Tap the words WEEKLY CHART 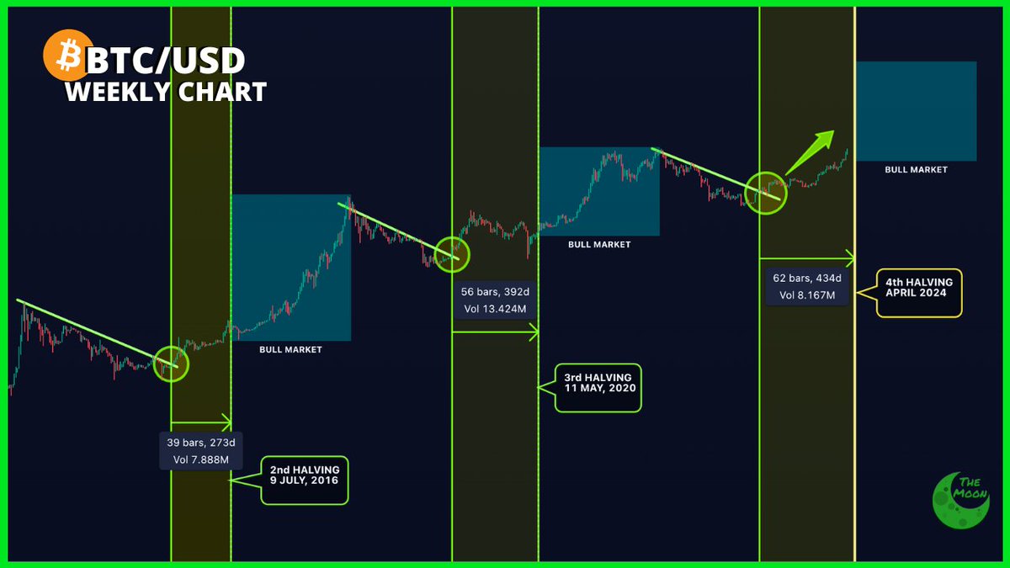166,91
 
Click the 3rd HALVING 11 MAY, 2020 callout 598,388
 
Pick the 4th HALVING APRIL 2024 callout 918,293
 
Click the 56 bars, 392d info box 496,300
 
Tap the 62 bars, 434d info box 807,286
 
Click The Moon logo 960,499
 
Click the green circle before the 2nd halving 171,364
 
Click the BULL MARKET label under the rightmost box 916,170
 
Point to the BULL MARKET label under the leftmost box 290,348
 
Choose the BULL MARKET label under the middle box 599,245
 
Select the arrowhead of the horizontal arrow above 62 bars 850,257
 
